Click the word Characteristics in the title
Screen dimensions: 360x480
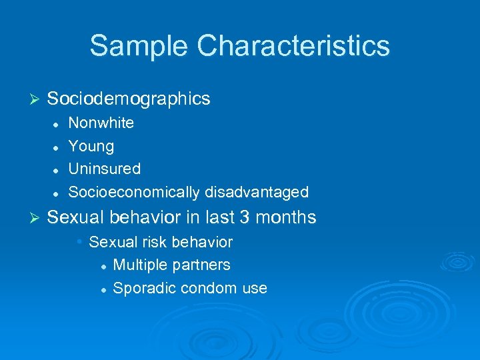pyautogui.click(x=294, y=46)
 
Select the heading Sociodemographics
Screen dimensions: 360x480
pyautogui.click(x=129, y=99)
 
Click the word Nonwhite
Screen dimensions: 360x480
pyautogui.click(x=101, y=123)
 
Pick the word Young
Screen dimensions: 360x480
pyautogui.click(x=91, y=146)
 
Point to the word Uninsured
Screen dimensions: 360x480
pyautogui.click(x=105, y=169)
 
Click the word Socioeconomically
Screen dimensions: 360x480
pyautogui.click(x=135, y=193)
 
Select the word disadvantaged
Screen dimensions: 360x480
pyautogui.click(x=257, y=193)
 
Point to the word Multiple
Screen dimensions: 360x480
pyautogui.click(x=141, y=265)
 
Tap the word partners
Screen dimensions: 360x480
pyautogui.click(x=201, y=265)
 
